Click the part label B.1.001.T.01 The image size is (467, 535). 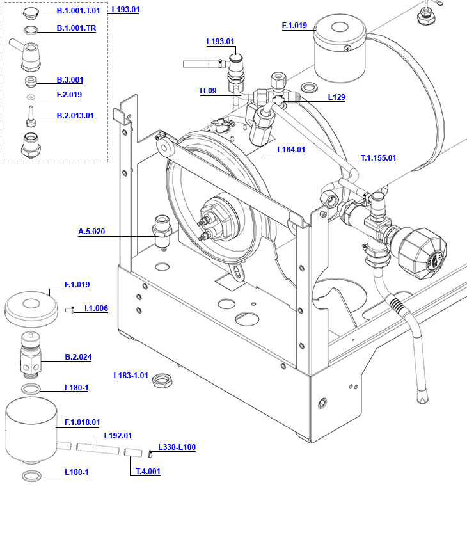pyautogui.click(x=78, y=11)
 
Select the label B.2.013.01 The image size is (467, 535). pyautogui.click(x=75, y=116)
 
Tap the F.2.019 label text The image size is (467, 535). pyautogui.click(x=69, y=95)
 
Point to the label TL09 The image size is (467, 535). pyautogui.click(x=207, y=91)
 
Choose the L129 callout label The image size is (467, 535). pyautogui.click(x=336, y=97)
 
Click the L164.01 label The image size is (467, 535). pyautogui.click(x=291, y=150)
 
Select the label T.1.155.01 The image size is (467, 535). pyautogui.click(x=379, y=157)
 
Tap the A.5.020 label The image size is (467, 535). pyautogui.click(x=91, y=232)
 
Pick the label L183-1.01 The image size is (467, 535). pyautogui.click(x=131, y=375)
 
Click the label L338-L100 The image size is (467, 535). pyautogui.click(x=177, y=447)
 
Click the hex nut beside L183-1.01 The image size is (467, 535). pyautogui.click(x=162, y=382)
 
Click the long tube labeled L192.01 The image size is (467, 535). pyautogui.click(x=98, y=449)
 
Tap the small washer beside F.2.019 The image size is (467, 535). pyautogui.click(x=31, y=97)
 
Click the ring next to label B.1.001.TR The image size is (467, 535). pyautogui.click(x=31, y=30)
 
